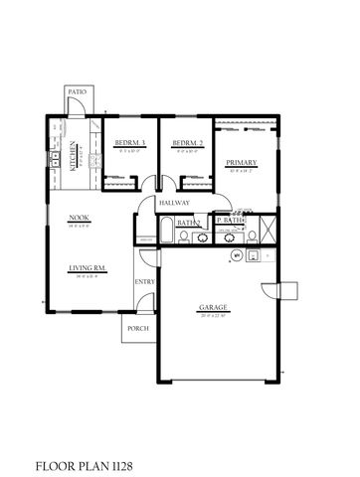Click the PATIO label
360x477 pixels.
77,91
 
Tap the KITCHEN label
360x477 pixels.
74,157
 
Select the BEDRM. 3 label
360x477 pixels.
130,143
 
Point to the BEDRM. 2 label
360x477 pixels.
188,143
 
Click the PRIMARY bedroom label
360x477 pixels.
242,162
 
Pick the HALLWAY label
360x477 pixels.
175,203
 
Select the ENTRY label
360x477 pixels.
145,282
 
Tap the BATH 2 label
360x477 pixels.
190,224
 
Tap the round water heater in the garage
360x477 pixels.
237,254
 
